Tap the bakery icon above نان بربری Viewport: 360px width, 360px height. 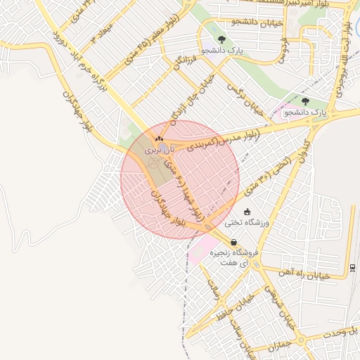[x=159, y=139]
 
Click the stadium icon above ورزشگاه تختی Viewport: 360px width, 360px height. [x=247, y=212]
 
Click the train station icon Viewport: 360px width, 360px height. [x=352, y=267]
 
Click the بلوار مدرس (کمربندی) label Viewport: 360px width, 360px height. [x=218, y=138]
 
